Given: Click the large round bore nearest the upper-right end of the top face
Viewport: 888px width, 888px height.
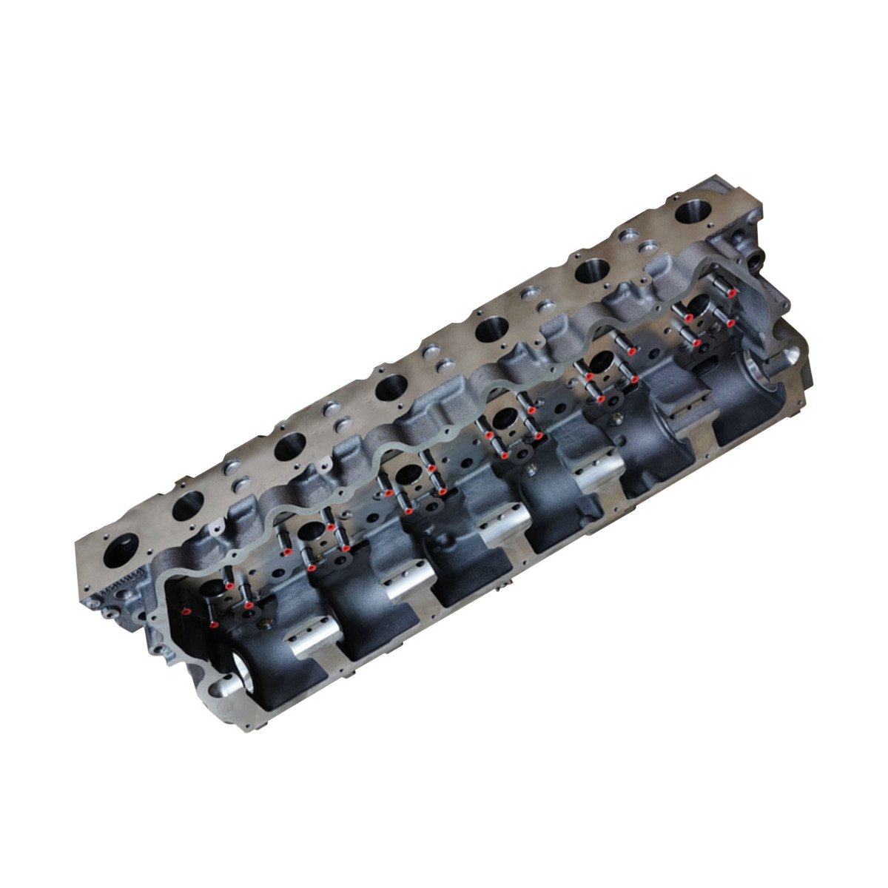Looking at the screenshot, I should pos(696,212).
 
